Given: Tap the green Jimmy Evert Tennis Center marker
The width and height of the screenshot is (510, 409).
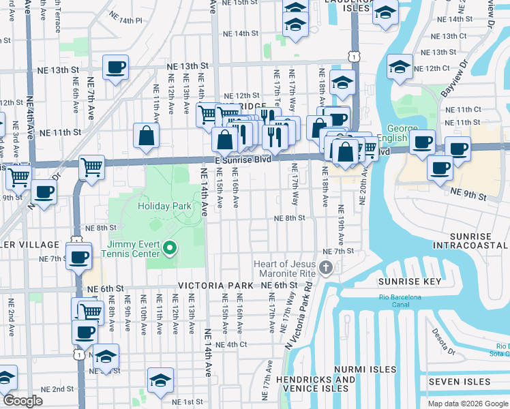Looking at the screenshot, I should [170, 249].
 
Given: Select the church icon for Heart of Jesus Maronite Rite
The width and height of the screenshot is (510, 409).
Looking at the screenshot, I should [326, 267].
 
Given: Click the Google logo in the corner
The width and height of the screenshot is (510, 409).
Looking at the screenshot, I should [22, 401].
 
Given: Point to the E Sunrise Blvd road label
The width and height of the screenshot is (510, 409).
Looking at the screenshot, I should [243, 159].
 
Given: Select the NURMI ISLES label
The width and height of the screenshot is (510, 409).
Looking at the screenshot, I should [365, 369].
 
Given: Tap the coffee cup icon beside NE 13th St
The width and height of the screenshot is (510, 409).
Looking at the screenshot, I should [115, 67].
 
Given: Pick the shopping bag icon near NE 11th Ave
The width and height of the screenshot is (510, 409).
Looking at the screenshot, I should [147, 135].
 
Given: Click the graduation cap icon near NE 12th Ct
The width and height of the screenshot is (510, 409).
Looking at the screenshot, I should [400, 67].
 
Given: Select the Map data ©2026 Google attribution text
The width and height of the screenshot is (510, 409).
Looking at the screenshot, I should [467, 403].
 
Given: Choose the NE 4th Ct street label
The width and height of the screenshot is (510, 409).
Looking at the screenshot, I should [230, 345].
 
